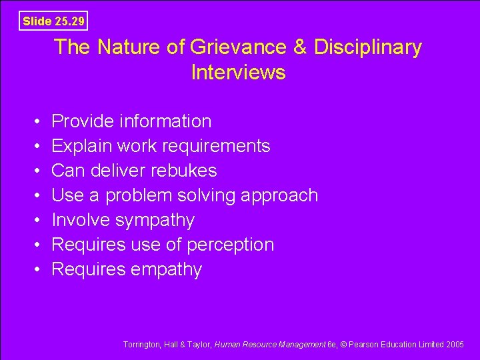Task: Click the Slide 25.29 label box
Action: [53, 21]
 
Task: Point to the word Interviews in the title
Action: [238, 72]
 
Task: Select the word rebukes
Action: [184, 171]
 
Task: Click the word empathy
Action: [168, 270]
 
